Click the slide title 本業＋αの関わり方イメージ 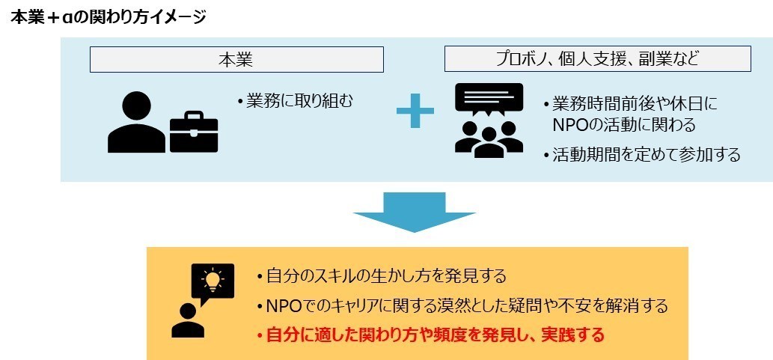click(108, 16)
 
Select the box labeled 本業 click(236, 59)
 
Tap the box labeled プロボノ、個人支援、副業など click(597, 59)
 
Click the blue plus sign click(415, 115)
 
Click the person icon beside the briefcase click(137, 123)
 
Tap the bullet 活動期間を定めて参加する click(645, 155)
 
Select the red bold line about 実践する click(434, 335)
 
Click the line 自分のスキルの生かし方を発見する click(385, 276)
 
